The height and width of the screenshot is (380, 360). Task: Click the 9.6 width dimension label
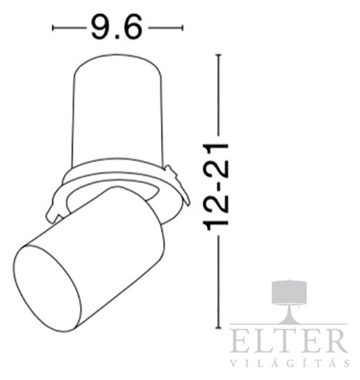pyautogui.click(x=116, y=27)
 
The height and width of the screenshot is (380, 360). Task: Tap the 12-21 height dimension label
pyautogui.click(x=216, y=187)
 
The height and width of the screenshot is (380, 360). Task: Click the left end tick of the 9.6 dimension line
pyautogui.click(x=53, y=28)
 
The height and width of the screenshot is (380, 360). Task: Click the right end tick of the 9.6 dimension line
pyautogui.click(x=182, y=28)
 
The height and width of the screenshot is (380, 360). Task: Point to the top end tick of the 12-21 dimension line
pyautogui.click(x=219, y=55)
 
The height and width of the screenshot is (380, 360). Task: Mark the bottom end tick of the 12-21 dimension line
pyautogui.click(x=219, y=328)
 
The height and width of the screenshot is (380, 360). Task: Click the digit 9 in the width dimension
pyautogui.click(x=100, y=27)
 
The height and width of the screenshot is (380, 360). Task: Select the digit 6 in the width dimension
pyautogui.click(x=133, y=27)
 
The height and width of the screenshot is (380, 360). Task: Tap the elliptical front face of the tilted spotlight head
pyautogui.click(x=46, y=288)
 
